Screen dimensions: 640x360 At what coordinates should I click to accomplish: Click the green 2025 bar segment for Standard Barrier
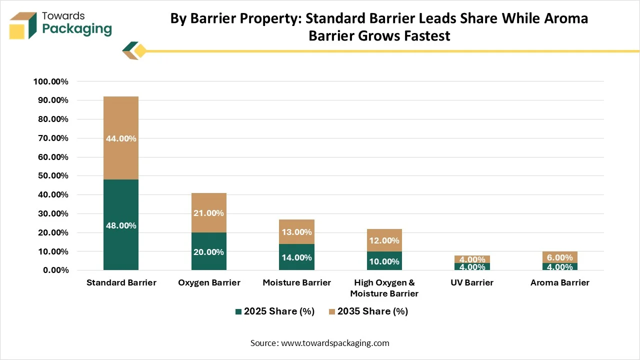pos(121,224)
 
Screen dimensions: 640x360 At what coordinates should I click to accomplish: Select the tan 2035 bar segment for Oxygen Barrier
pos(209,212)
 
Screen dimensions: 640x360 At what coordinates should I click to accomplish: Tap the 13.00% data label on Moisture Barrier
pos(296,232)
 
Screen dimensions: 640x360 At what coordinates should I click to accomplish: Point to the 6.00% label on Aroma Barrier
pos(559,257)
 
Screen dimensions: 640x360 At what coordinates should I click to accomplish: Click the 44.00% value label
pos(121,138)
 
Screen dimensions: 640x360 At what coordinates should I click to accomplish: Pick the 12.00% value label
pos(384,240)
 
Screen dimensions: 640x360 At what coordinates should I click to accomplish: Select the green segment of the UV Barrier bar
pos(472,266)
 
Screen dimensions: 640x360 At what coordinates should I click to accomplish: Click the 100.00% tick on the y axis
pos(51,81)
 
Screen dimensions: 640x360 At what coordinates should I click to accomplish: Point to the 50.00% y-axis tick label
pos(53,175)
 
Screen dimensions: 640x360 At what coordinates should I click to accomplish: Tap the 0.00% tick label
pos(55,270)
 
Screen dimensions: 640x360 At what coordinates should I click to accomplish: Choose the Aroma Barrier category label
pos(559,282)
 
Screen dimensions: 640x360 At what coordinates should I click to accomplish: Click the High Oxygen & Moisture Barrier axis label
pos(384,288)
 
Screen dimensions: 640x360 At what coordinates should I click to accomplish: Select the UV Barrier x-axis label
pos(472,282)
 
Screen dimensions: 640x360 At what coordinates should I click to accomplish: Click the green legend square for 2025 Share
pos(238,311)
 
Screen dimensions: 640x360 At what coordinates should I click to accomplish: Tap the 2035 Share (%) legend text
pos(372,311)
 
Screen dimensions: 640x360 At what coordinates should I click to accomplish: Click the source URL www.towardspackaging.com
pos(335,343)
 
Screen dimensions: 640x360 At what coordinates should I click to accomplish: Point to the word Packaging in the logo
pos(77,29)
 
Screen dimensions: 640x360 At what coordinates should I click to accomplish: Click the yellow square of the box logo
pos(17,32)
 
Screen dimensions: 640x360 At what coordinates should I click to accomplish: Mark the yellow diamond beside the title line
pos(140,51)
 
